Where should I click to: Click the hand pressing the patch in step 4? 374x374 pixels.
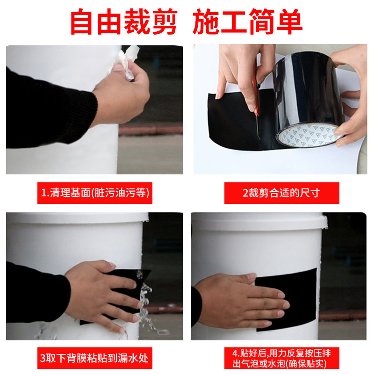(x=243, y=299)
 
